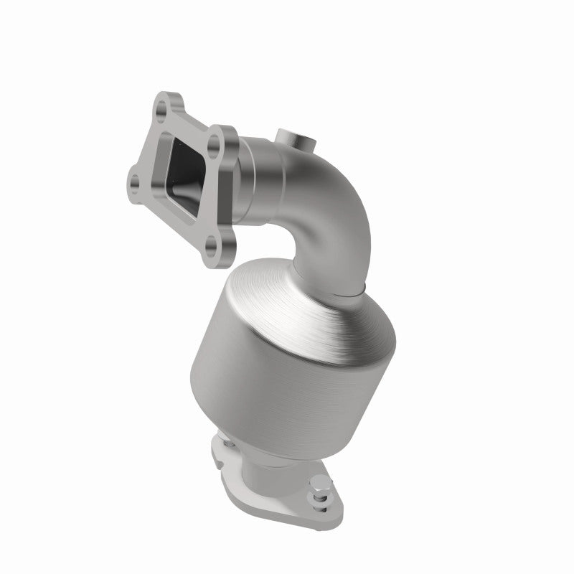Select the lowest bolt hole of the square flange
point(210,250)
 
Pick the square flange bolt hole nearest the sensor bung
point(213,147)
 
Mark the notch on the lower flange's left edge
point(215,451)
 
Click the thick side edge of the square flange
point(229,215)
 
